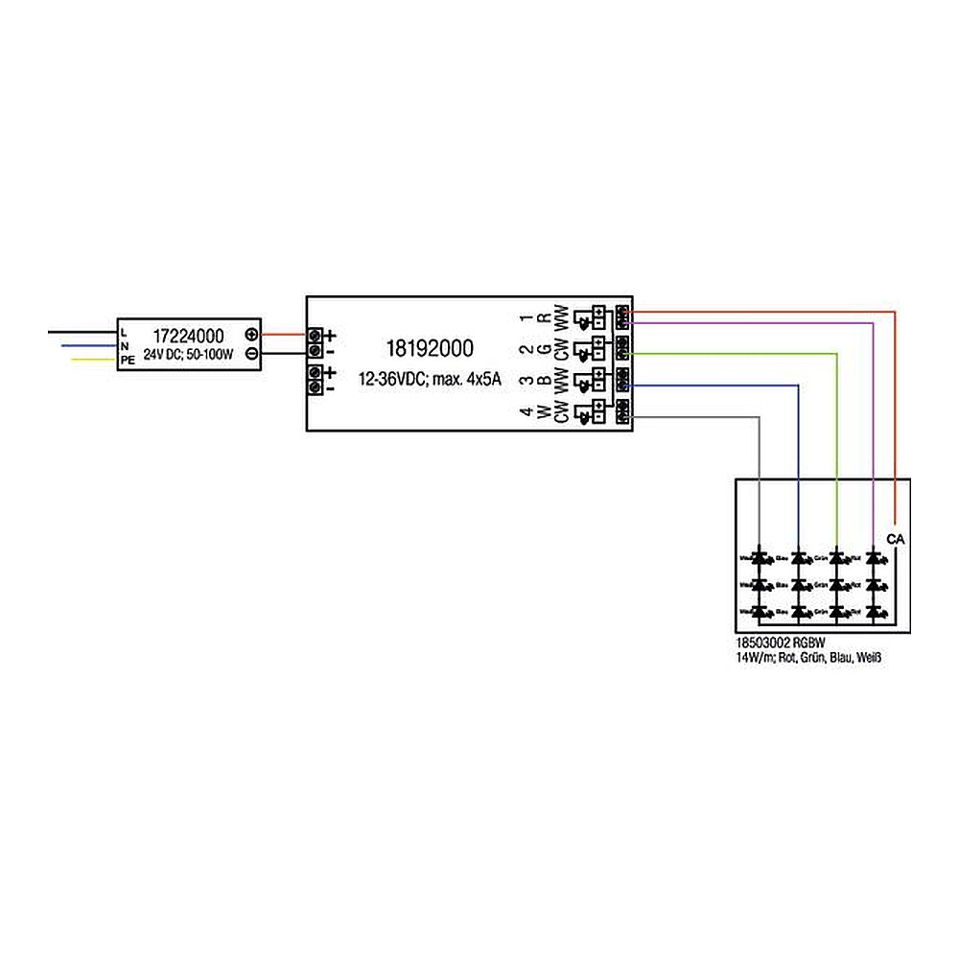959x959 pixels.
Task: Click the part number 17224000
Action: (x=189, y=337)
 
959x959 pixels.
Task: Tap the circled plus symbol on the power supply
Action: (x=251, y=335)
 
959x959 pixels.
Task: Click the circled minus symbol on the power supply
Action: (x=251, y=353)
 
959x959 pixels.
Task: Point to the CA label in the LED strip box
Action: (x=895, y=540)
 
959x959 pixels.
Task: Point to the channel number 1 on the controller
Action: (x=524, y=317)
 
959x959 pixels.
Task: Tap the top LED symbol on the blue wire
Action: (x=798, y=556)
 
